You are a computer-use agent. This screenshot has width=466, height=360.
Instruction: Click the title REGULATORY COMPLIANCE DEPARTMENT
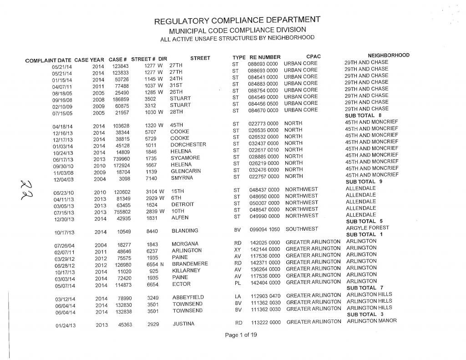(237, 21)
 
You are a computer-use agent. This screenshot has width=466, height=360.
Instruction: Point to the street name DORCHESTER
(188, 145)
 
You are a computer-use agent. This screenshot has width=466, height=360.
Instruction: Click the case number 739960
(120, 159)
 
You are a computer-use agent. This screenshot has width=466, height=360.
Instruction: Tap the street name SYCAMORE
(185, 158)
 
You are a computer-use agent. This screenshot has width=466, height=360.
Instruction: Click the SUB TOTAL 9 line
(364, 182)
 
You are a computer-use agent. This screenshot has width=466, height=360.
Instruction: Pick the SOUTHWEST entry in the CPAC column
(302, 229)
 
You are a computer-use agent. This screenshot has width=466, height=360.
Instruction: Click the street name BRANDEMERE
(190, 264)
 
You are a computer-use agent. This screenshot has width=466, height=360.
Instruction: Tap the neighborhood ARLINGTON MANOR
(372, 321)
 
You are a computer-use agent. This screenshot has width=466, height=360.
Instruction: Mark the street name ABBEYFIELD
(188, 298)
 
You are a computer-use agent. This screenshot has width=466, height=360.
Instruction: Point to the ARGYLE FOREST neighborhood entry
(367, 228)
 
